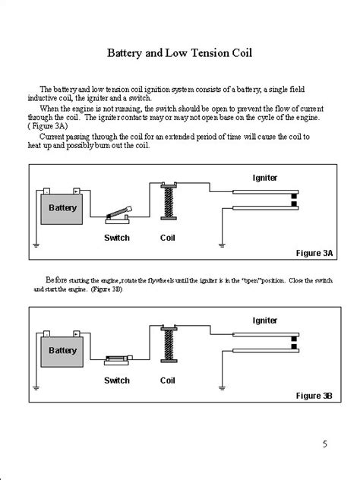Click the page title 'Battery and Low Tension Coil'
180,55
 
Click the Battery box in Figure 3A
62,207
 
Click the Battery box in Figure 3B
62,350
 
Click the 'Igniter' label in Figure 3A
265,177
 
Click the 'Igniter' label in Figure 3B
265,321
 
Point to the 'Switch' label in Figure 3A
117,238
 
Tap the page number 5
324,444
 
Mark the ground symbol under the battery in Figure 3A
35,245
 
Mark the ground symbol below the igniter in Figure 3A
220,245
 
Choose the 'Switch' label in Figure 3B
117,380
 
